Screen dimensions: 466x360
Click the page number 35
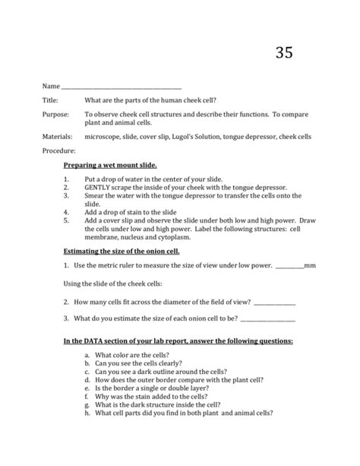(x=283, y=52)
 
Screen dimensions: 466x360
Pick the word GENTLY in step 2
(x=101, y=187)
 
